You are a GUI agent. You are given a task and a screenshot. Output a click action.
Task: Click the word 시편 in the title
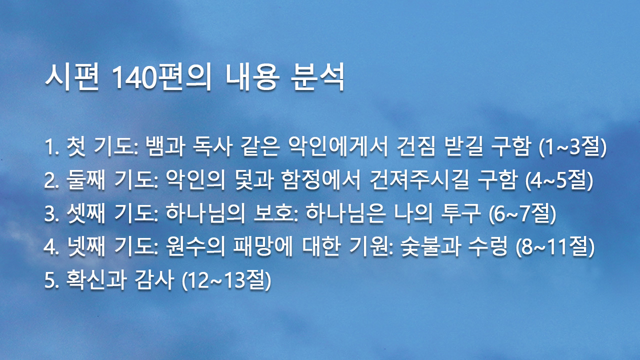tap(72, 77)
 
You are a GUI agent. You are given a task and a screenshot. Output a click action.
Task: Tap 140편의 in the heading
tap(161, 77)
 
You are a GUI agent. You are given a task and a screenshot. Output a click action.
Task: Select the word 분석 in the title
tap(317, 77)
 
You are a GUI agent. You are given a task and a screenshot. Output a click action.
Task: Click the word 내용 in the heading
tap(252, 77)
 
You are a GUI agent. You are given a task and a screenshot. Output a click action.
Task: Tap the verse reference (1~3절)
tap(572, 146)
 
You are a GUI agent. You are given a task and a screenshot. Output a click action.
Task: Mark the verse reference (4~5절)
tap(559, 180)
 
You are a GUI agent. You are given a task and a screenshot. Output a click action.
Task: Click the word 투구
tap(460, 213)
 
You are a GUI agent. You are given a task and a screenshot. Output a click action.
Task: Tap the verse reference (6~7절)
tap(522, 214)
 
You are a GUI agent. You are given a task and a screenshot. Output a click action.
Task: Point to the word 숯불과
tap(430, 246)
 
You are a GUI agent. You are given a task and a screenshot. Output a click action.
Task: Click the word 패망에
tap(263, 246)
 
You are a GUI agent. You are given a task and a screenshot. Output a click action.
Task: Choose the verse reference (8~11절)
tap(555, 247)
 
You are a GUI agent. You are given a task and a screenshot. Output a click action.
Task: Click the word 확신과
tap(96, 279)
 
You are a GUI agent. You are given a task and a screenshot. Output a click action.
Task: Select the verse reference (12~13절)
tap(226, 280)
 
